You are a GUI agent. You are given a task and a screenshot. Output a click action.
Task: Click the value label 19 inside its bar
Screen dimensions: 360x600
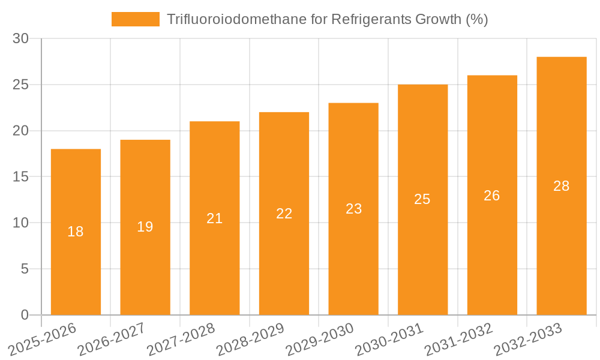[x=145, y=227]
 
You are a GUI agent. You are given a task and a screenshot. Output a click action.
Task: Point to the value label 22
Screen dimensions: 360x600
[x=284, y=214]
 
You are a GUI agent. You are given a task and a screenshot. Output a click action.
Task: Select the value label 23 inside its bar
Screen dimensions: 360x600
[x=353, y=209]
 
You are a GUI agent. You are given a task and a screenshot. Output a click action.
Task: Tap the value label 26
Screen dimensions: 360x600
[x=492, y=196]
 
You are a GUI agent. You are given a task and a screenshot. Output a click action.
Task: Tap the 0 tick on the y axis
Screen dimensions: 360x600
[x=25, y=315]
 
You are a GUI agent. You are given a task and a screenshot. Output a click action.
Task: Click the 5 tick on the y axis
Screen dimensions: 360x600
[x=25, y=269]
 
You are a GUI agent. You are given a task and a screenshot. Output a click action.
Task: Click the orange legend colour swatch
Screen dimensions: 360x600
[x=136, y=19]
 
